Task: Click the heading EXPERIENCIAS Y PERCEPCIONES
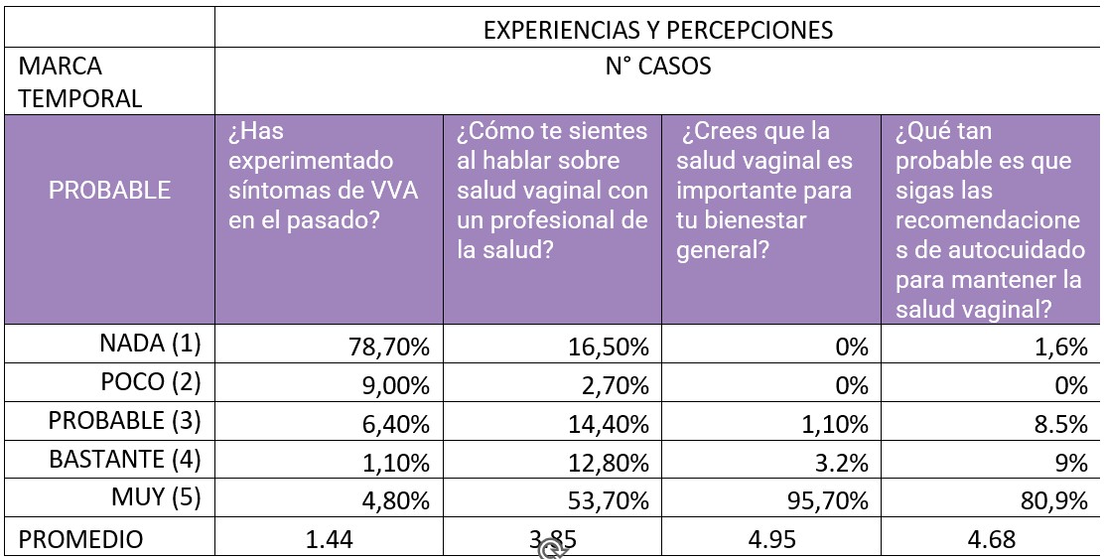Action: click(x=657, y=30)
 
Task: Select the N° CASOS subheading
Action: click(x=657, y=68)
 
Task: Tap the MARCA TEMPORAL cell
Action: click(x=79, y=82)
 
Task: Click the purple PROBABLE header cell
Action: click(x=109, y=190)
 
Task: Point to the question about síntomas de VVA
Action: click(x=323, y=175)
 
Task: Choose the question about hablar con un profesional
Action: click(x=552, y=190)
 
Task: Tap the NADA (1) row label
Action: click(x=151, y=345)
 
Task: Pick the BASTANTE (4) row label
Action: click(x=124, y=460)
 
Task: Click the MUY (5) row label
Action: click(x=157, y=497)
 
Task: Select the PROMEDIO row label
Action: click(x=81, y=539)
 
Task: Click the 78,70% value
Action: click(x=388, y=348)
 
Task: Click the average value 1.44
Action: click(x=329, y=539)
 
